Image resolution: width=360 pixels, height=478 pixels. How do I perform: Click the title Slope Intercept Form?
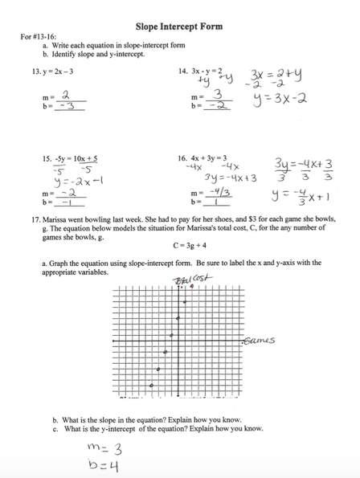(x=180, y=27)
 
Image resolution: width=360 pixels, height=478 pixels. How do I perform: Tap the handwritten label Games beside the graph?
(x=260, y=340)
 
